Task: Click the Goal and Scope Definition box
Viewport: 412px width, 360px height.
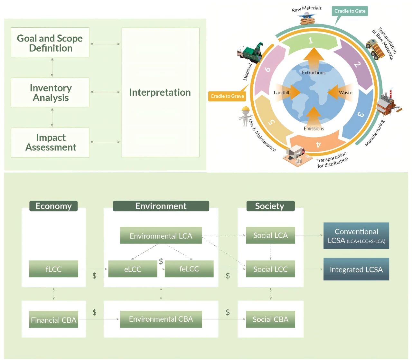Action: pos(50,43)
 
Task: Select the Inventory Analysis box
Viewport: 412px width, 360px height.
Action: pos(50,92)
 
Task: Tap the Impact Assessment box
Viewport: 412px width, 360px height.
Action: pos(50,142)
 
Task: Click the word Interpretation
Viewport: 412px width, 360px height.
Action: pos(160,92)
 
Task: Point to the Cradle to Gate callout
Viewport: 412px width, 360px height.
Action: pos(350,11)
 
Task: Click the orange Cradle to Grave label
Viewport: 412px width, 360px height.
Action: pos(227,96)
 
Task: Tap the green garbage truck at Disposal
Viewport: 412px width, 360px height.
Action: pos(250,52)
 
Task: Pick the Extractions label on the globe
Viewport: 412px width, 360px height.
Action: pos(314,73)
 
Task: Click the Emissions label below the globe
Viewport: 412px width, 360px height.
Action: pos(314,128)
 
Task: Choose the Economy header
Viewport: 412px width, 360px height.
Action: pos(53,206)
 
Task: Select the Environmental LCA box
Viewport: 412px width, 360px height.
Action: pos(161,235)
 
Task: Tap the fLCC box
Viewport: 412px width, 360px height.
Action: pos(53,269)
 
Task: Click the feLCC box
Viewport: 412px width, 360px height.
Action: pos(189,269)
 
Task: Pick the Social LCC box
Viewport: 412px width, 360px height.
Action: pos(270,269)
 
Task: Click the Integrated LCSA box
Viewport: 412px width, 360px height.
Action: pos(356,269)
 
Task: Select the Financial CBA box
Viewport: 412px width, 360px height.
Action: pos(53,319)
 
